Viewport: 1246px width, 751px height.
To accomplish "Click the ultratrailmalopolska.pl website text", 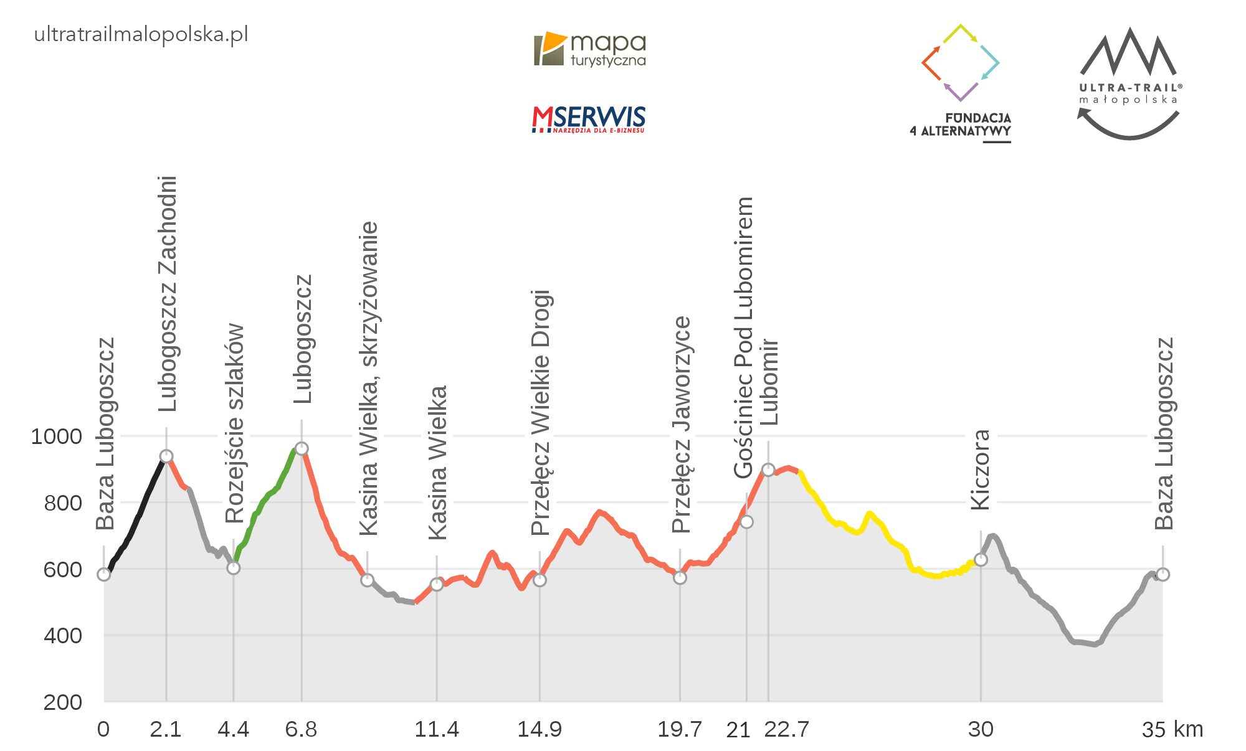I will (141, 34).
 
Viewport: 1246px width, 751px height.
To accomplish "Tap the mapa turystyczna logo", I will (589, 49).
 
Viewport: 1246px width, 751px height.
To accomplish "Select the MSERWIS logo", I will (589, 119).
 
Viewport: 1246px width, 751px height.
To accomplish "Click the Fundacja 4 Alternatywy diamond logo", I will (960, 63).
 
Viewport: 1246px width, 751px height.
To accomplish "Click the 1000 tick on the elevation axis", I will (57, 437).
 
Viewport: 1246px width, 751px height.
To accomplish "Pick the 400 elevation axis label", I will (63, 636).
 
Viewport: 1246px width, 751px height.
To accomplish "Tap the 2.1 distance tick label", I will (166, 729).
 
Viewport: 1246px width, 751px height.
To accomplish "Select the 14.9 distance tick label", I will (540, 729).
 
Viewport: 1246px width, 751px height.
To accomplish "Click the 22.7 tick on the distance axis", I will (786, 729).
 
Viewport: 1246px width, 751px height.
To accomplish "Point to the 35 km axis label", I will (1172, 729).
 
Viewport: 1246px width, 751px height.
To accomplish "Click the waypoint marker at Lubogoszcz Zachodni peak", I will (166, 456).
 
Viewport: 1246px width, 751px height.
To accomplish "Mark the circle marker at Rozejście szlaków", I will (234, 568).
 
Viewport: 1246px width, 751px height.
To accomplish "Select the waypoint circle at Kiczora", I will (981, 560).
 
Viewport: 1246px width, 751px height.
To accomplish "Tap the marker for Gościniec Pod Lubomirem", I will (746, 522).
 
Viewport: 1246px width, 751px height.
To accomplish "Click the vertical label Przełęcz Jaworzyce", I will (682, 425).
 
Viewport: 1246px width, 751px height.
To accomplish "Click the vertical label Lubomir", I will (769, 382).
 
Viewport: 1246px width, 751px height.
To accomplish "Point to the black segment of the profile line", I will (137, 516).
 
